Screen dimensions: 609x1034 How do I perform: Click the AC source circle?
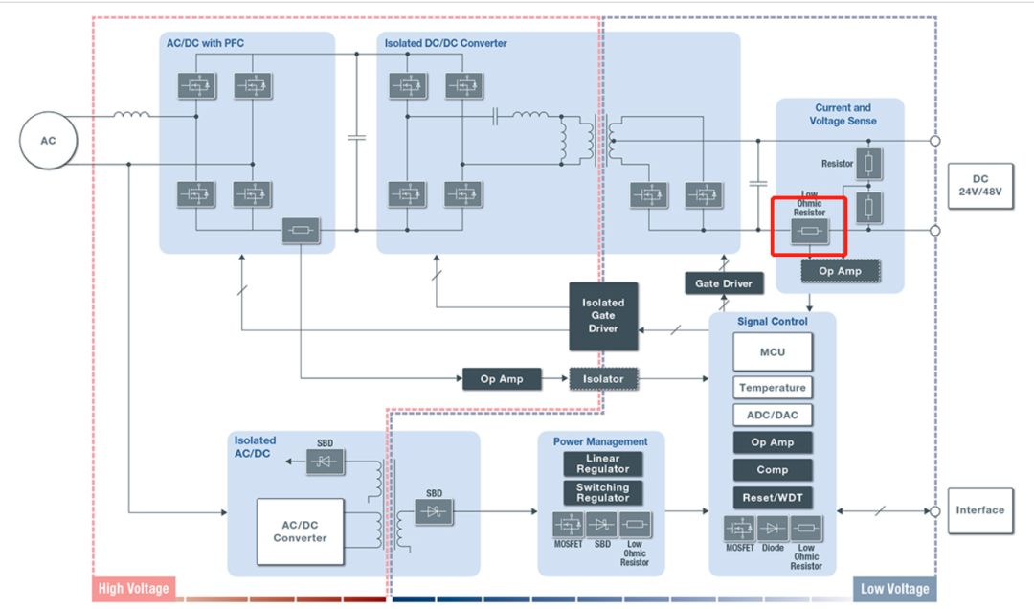coord(48,141)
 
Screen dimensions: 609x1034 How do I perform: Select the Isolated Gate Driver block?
coord(603,316)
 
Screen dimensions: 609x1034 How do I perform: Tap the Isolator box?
coord(603,379)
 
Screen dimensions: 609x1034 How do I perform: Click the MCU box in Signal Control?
coord(773,352)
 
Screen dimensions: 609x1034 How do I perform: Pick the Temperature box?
coord(773,388)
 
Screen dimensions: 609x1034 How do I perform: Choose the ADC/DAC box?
coord(773,416)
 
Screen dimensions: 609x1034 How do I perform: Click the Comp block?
coord(773,470)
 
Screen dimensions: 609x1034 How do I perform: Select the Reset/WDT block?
coord(773,498)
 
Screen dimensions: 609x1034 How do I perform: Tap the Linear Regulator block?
coord(603,464)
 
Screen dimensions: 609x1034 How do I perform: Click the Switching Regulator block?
coord(603,493)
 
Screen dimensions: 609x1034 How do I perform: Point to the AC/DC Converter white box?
coord(301,531)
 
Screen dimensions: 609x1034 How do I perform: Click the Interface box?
coord(979,510)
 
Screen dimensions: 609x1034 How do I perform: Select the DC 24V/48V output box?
coord(979,185)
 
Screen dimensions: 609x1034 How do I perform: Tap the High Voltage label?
coord(133,589)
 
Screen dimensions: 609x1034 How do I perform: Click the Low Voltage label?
coord(893,589)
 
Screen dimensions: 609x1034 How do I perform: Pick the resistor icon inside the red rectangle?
coord(809,232)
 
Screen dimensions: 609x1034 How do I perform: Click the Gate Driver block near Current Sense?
coord(725,283)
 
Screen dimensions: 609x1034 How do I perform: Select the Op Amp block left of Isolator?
coord(502,379)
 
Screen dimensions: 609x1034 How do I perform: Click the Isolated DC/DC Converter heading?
coord(446,43)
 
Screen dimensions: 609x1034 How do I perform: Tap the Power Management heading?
coord(600,441)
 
